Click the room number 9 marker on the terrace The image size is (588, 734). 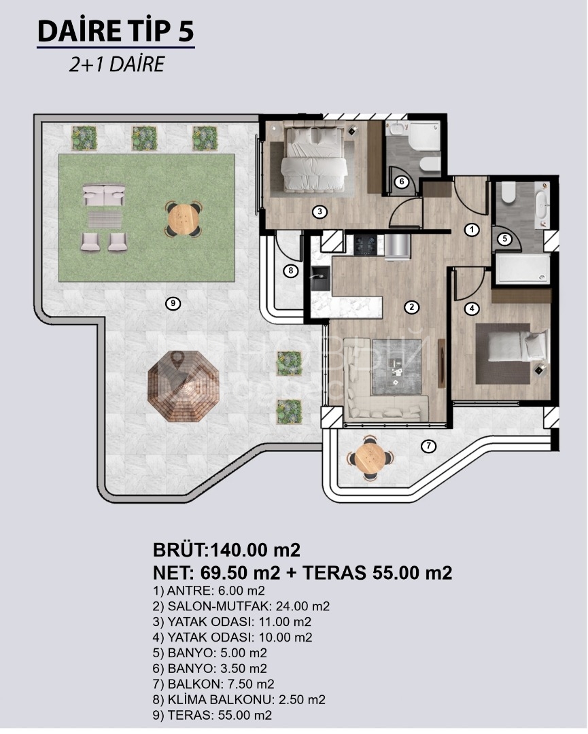click(173, 303)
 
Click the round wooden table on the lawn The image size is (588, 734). click(184, 217)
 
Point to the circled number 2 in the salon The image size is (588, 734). click(411, 307)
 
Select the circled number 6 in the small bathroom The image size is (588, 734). click(402, 181)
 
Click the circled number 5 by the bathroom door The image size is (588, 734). click(504, 239)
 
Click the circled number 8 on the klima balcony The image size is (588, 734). click(291, 270)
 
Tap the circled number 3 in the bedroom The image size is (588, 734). click(319, 211)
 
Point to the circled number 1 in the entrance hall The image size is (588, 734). click(472, 230)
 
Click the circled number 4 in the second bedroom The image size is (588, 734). click(472, 308)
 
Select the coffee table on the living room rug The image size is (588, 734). click(397, 370)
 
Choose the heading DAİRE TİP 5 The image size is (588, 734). click(116, 32)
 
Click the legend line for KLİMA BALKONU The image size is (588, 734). click(239, 700)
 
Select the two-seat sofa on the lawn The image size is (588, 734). click(104, 195)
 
